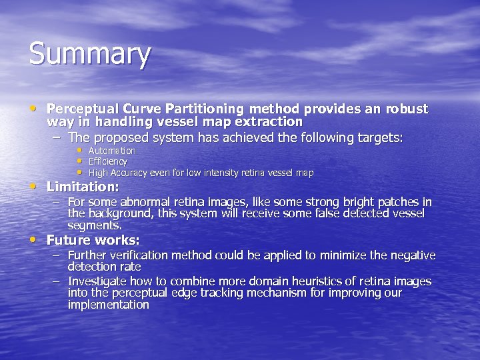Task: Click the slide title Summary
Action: point(89,55)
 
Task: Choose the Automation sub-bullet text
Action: point(112,151)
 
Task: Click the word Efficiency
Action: point(108,162)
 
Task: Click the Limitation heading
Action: point(83,187)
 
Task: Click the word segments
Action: point(95,226)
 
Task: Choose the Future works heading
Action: point(93,240)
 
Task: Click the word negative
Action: point(411,255)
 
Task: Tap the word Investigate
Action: point(97,281)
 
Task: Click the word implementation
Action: point(108,305)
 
